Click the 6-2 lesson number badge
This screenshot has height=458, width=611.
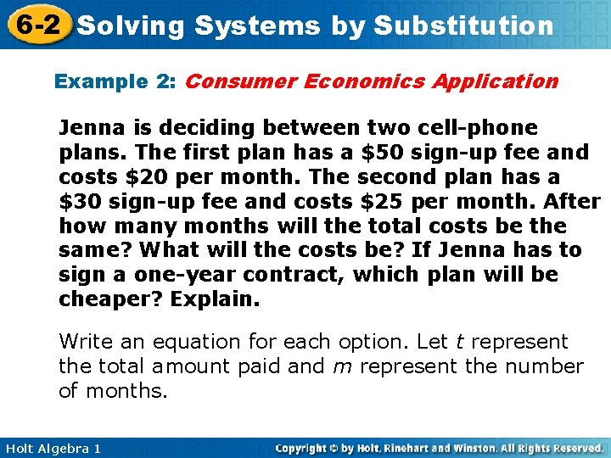point(35,24)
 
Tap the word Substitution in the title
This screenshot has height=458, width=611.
point(463,25)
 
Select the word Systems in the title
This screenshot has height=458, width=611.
point(257,25)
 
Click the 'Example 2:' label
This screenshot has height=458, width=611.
point(115,81)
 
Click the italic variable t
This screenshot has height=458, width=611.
point(459,342)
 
